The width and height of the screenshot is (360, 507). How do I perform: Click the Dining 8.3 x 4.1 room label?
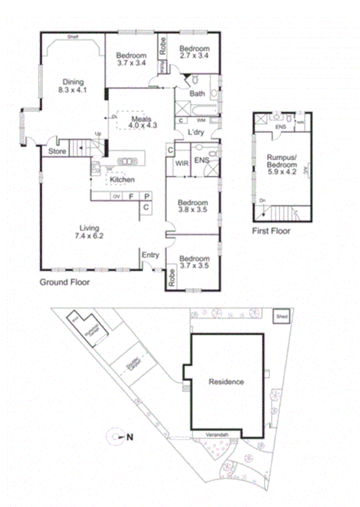click(71, 86)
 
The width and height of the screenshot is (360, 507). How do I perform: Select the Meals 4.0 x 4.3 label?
click(144, 122)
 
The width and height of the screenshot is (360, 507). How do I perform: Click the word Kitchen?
click(122, 179)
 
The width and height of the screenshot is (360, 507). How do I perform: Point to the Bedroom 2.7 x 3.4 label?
click(195, 52)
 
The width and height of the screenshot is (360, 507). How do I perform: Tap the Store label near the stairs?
click(57, 151)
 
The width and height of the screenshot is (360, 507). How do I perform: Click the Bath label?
click(197, 94)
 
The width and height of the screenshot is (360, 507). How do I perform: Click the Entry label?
click(150, 256)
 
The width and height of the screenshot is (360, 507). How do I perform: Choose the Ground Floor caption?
click(64, 282)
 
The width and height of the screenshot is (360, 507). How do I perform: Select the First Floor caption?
click(271, 231)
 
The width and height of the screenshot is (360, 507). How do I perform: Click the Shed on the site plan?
click(281, 317)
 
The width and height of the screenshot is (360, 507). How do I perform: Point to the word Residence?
click(226, 382)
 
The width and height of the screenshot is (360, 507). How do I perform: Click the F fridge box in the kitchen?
click(131, 196)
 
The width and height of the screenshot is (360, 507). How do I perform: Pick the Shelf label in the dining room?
click(73, 37)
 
